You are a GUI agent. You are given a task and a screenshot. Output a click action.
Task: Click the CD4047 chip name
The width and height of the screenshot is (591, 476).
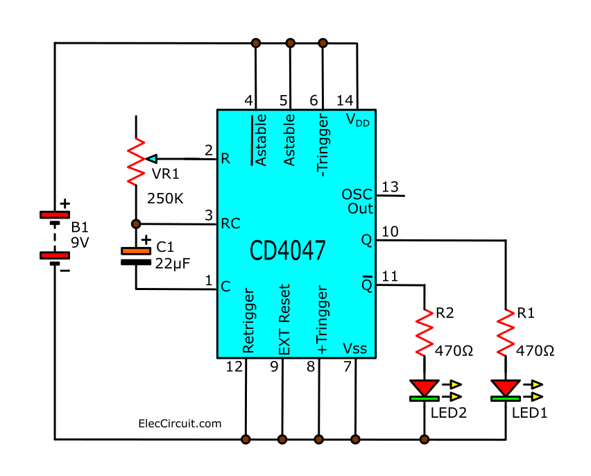coord(288,250)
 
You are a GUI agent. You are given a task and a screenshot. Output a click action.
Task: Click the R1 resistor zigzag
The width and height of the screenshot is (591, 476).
coord(506,332)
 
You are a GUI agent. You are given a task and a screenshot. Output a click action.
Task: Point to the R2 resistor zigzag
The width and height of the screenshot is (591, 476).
coord(425,332)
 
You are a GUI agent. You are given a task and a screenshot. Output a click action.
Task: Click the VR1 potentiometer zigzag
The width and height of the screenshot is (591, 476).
coord(136,162)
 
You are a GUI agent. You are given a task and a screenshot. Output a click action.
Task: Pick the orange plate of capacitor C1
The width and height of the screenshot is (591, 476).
coord(136,250)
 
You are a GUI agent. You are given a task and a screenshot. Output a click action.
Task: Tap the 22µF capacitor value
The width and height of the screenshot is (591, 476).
coord(173,264)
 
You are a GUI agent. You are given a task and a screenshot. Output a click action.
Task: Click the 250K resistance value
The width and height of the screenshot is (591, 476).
coord(165,198)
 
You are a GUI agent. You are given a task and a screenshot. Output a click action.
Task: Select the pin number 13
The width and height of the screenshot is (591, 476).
coord(390,187)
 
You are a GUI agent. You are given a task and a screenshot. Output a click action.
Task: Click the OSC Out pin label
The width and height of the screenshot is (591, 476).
coord(357,201)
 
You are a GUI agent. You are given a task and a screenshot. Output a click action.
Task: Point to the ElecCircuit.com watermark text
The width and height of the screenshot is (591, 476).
coord(180,423)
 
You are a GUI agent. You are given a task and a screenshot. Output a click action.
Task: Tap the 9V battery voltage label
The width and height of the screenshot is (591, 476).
coord(80,243)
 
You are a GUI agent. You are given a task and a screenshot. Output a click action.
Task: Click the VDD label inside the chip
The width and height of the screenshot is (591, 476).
coord(358,120)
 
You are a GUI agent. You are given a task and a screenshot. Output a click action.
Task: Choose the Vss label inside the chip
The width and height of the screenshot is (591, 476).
coord(354,348)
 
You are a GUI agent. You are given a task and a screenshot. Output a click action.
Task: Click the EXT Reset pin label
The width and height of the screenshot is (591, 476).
coord(284,320)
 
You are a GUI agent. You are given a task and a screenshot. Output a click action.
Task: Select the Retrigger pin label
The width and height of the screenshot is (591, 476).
coord(249,321)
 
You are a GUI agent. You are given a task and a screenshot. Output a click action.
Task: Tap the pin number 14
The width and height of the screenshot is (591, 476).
coord(345,101)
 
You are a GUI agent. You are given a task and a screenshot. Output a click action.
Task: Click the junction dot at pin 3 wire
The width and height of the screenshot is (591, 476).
coord(136,224)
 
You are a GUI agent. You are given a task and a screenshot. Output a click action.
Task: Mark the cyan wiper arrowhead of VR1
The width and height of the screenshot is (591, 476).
coord(151,159)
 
